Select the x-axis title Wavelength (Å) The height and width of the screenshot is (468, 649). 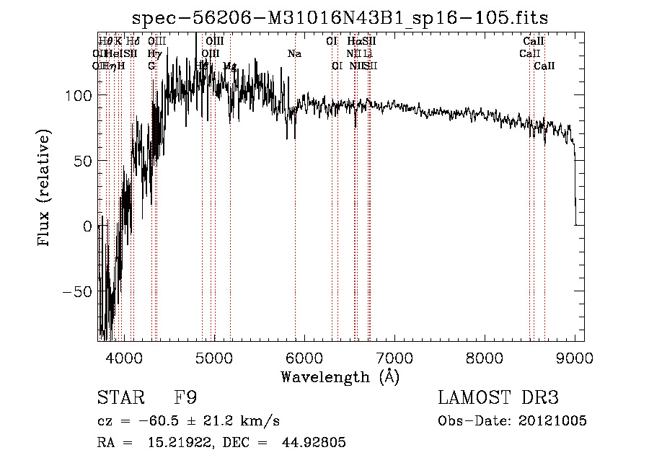coord(340,376)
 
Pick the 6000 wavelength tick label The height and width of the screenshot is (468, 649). coord(304,357)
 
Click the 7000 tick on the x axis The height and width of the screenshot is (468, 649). coord(394,357)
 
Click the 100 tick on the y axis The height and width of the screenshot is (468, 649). coord(78,95)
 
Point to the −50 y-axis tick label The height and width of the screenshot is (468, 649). coord(75,291)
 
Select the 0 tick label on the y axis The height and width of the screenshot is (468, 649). coord(87,226)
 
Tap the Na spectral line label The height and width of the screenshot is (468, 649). coord(294,54)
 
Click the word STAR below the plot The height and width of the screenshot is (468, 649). coord(118,398)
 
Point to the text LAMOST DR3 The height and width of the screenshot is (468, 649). coord(498,398)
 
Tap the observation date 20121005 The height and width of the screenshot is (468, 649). coord(552,420)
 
